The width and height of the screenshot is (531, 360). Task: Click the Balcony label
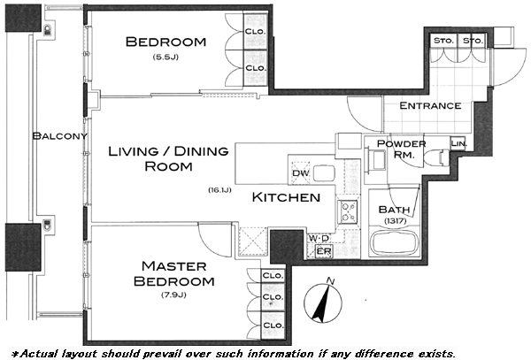pyautogui.click(x=60, y=136)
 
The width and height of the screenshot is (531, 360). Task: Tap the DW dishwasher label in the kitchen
pyautogui.click(x=301, y=173)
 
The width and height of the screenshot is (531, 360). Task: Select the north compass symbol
pyautogui.click(x=323, y=300)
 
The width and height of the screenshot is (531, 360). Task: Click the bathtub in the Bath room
pyautogui.click(x=395, y=242)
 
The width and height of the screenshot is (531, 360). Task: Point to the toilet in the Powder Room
pyautogui.click(x=436, y=157)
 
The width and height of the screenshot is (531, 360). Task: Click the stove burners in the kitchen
pyautogui.click(x=349, y=211)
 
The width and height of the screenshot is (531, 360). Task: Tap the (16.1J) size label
pyautogui.click(x=219, y=190)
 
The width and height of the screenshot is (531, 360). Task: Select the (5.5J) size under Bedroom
pyautogui.click(x=165, y=57)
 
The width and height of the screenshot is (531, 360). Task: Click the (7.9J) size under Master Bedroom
pyautogui.click(x=173, y=295)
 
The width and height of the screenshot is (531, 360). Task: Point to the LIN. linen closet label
pyautogui.click(x=458, y=143)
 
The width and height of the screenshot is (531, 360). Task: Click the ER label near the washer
pyautogui.click(x=324, y=251)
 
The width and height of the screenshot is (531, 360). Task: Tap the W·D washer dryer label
pyautogui.click(x=319, y=238)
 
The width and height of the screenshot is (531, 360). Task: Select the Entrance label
pyautogui.click(x=430, y=105)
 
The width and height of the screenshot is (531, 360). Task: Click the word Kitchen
pyautogui.click(x=286, y=197)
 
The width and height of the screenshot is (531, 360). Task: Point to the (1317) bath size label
pyautogui.click(x=396, y=221)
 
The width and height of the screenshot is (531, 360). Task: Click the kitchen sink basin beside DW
pyautogui.click(x=324, y=173)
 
